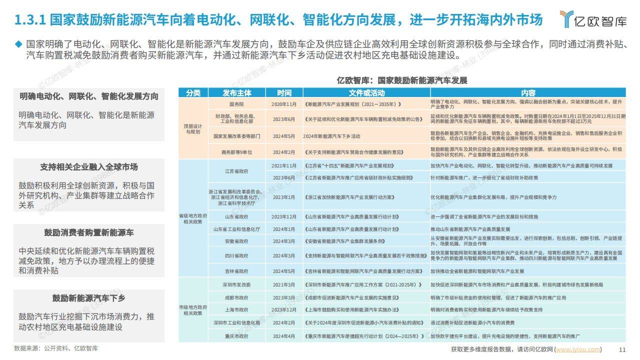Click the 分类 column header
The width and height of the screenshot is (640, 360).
coord(193,93)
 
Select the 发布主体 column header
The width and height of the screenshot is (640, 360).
coord(237,93)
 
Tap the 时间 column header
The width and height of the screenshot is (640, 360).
coord(284,93)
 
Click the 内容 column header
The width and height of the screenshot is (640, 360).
coord(528,93)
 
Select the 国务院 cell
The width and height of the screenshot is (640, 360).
coord(236,104)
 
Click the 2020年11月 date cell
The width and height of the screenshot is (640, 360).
coord(284,104)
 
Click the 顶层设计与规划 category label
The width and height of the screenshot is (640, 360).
coord(193,129)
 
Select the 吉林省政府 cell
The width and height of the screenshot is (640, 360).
coord(236,271)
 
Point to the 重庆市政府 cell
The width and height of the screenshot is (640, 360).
coord(236,336)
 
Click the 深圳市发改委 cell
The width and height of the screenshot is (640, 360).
coord(236,284)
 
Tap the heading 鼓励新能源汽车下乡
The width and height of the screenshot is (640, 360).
coord(89,298)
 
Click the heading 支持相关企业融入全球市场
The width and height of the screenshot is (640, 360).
coord(89,167)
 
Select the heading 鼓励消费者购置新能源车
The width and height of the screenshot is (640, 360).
coord(89,232)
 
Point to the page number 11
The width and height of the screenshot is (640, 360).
coord(622,349)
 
